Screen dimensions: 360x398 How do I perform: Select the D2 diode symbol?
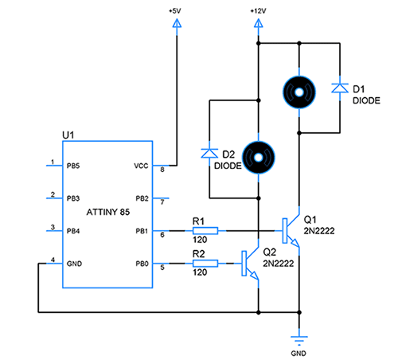coord(209,151)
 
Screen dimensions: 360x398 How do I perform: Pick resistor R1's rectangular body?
coord(205,230)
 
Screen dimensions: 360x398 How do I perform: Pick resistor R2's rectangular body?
coord(205,263)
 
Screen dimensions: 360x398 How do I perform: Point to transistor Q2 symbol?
coord(250,264)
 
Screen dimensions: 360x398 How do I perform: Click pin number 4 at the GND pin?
coord(52,260)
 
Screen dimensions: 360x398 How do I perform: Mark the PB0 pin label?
coord(142,264)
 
